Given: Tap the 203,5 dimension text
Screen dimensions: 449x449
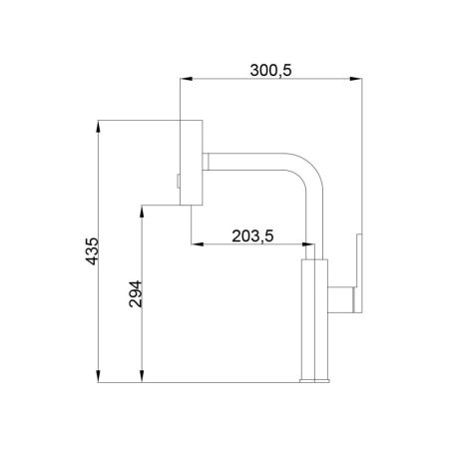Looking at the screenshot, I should coord(252,235).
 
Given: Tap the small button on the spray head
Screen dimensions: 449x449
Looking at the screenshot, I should coord(178,182).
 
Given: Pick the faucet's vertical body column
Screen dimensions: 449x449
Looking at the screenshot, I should coord(314,319).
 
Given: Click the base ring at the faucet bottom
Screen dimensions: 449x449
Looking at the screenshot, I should coord(314,379).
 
